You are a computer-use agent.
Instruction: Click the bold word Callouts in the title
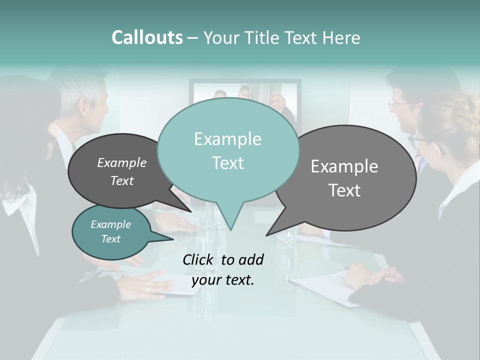(x=147, y=37)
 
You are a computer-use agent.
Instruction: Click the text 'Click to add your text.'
(x=223, y=269)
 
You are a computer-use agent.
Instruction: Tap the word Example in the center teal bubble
(x=228, y=139)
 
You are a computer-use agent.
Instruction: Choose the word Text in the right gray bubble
(x=344, y=190)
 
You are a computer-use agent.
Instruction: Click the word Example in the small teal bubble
(x=111, y=225)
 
